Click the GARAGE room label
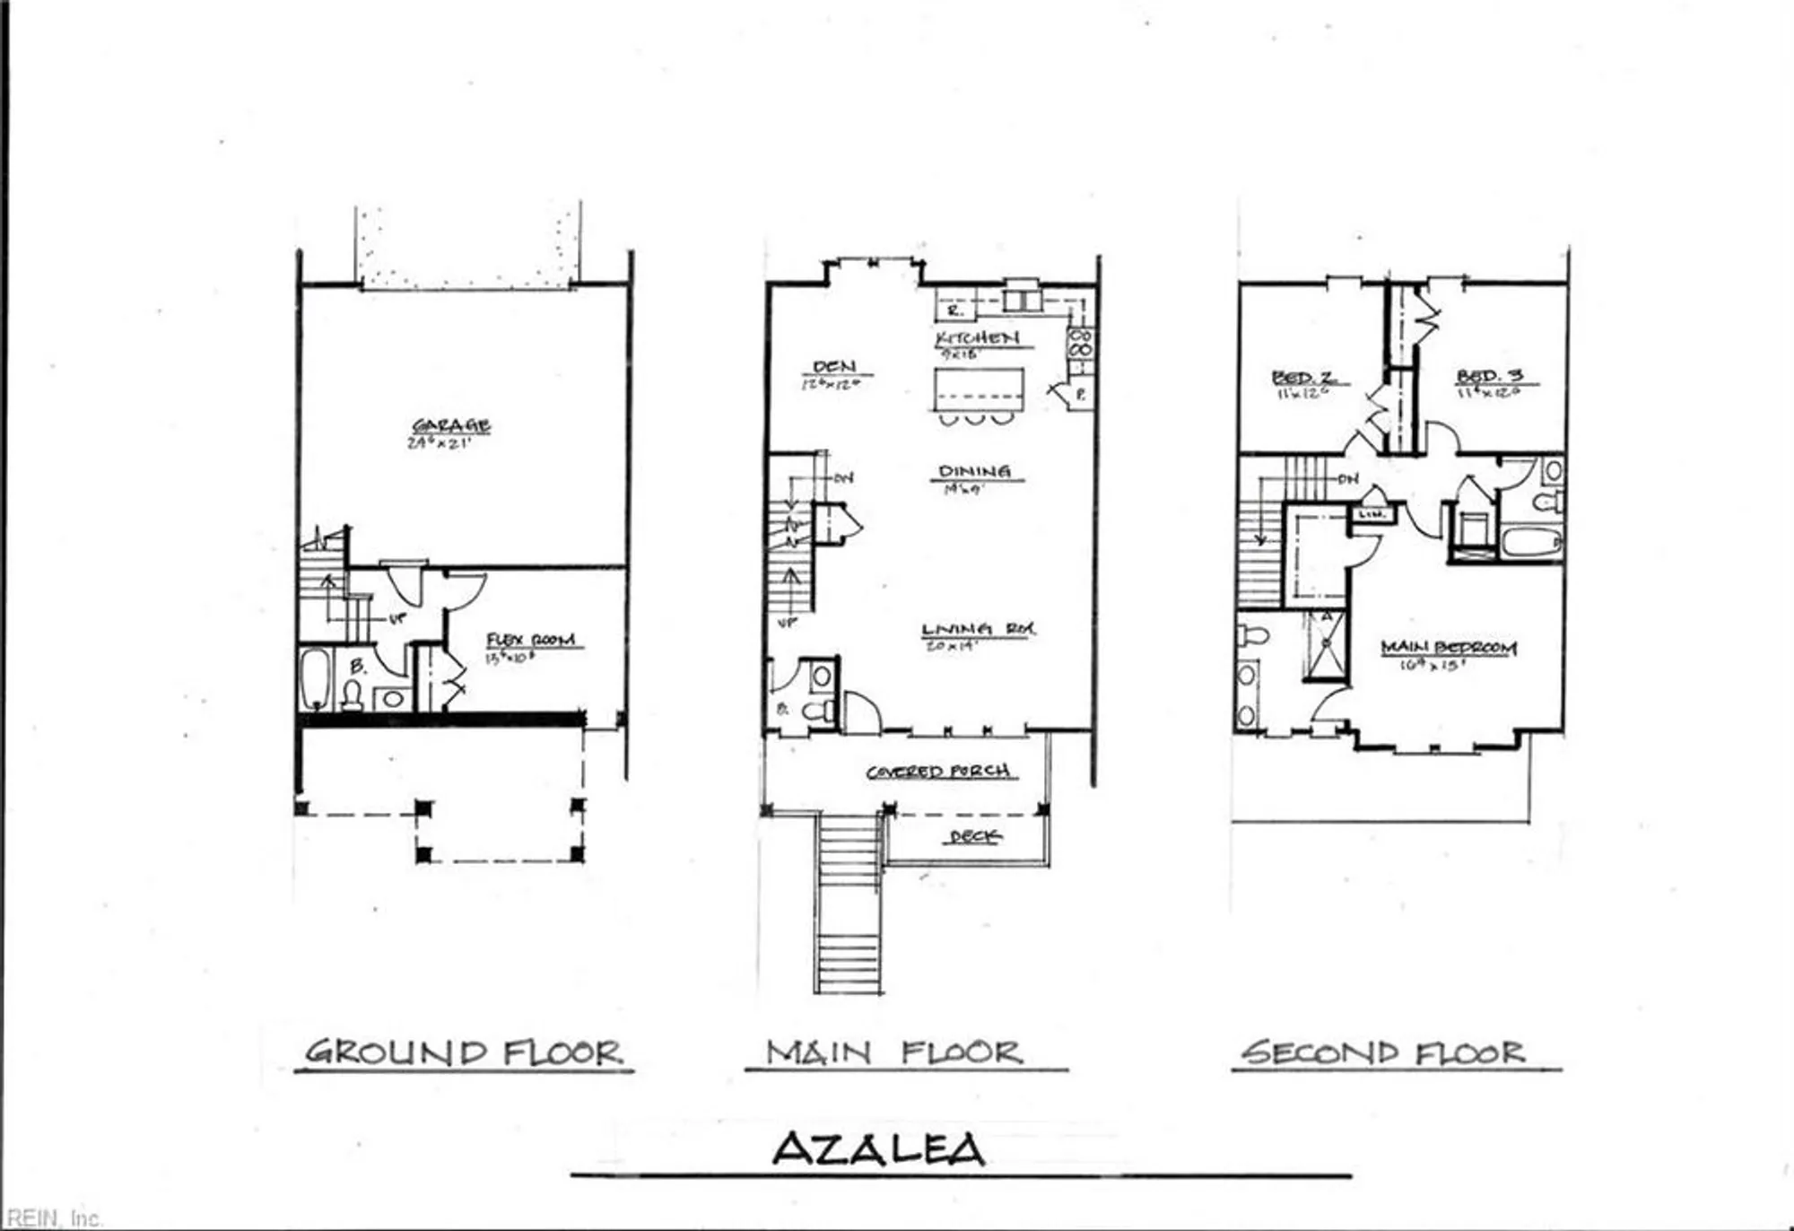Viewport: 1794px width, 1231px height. point(451,425)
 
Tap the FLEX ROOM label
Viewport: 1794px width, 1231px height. point(530,640)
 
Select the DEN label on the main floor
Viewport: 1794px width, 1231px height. point(834,366)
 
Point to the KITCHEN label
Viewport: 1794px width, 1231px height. point(977,337)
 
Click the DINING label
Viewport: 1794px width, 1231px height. point(974,471)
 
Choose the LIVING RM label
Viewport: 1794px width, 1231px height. point(978,629)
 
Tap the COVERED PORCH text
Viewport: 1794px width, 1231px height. point(938,771)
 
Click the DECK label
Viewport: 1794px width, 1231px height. point(974,836)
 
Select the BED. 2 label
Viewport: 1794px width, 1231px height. point(1303,377)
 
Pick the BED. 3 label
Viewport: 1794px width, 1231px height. point(1489,376)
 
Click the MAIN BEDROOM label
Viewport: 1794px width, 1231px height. point(1449,647)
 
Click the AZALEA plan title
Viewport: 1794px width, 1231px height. point(878,1148)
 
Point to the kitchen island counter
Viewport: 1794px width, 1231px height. point(979,388)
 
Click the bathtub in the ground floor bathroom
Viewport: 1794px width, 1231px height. point(315,679)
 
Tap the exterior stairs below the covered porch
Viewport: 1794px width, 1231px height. point(849,906)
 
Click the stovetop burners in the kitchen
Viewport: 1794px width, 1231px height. point(1080,344)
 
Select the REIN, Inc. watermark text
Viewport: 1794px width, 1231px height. point(52,1218)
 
